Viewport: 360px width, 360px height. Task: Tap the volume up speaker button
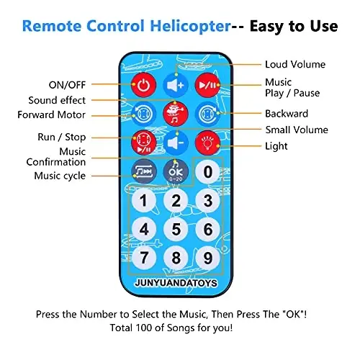(x=176, y=85)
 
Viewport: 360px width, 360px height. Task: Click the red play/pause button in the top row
(x=207, y=85)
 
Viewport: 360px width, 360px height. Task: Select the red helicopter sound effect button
(x=176, y=114)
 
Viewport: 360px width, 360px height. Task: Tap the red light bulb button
(x=207, y=143)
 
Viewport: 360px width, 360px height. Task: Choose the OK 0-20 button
(x=176, y=171)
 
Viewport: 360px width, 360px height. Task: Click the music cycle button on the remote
(x=144, y=171)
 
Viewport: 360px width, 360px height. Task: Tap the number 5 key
(x=176, y=229)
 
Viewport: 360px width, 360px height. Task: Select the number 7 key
(x=144, y=258)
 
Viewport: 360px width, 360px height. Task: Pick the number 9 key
(x=207, y=258)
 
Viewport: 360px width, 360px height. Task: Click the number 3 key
(x=207, y=200)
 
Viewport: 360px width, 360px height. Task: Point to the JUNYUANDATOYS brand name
(x=176, y=283)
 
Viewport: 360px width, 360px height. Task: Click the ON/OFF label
(x=67, y=85)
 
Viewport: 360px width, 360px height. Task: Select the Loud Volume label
(x=295, y=64)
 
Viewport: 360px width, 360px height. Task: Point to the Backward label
(x=287, y=114)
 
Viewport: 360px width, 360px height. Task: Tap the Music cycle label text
(x=60, y=176)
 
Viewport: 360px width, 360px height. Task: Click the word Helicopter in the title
(x=190, y=26)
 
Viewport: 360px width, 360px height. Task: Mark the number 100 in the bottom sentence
(x=144, y=328)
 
